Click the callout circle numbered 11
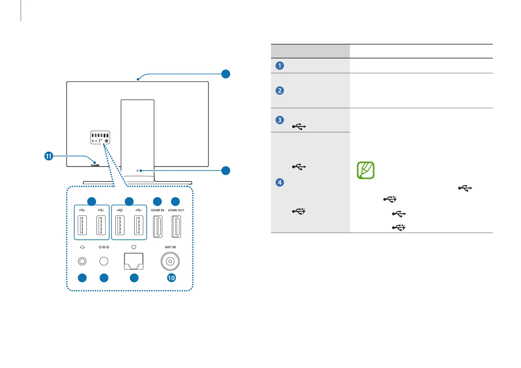coord(49,156)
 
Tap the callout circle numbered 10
coord(171,278)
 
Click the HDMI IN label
coord(157,210)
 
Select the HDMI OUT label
coord(176,210)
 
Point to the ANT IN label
coord(170,247)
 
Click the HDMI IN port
coord(158,226)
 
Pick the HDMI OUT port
coord(176,226)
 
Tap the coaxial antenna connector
coord(170,261)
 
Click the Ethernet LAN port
coord(134,261)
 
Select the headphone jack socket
coord(82,261)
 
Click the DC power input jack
coord(104,261)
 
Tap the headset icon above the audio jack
coord(82,247)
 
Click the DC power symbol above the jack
coord(104,247)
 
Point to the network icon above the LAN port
coord(134,247)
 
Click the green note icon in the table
coord(366,170)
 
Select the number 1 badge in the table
coord(280,66)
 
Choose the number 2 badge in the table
coord(280,91)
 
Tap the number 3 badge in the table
coord(280,120)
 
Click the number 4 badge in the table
coord(280,182)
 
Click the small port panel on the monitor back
coord(100,137)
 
